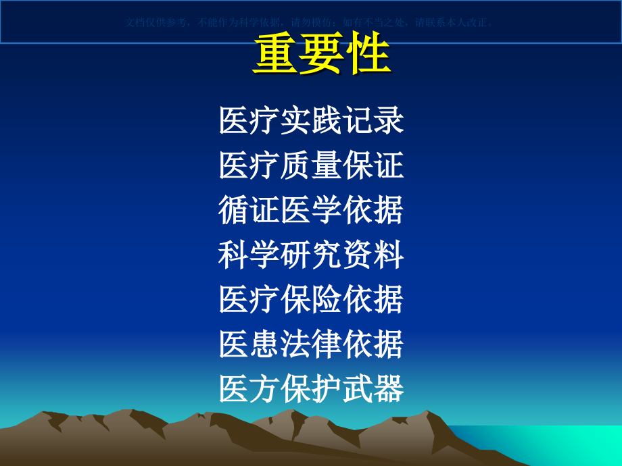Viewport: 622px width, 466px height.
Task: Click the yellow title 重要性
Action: (321, 55)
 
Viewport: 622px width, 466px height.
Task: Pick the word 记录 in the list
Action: (373, 122)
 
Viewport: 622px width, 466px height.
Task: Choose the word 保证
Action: (373, 166)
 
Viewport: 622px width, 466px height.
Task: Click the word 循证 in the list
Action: (249, 211)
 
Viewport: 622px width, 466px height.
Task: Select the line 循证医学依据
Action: (311, 211)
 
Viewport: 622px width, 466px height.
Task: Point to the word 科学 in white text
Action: (249, 255)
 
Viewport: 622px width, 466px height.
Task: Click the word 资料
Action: (373, 255)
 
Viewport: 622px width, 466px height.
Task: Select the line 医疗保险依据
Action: (311, 300)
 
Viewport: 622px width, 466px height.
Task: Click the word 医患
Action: (249, 344)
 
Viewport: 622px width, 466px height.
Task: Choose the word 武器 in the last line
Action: (373, 389)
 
